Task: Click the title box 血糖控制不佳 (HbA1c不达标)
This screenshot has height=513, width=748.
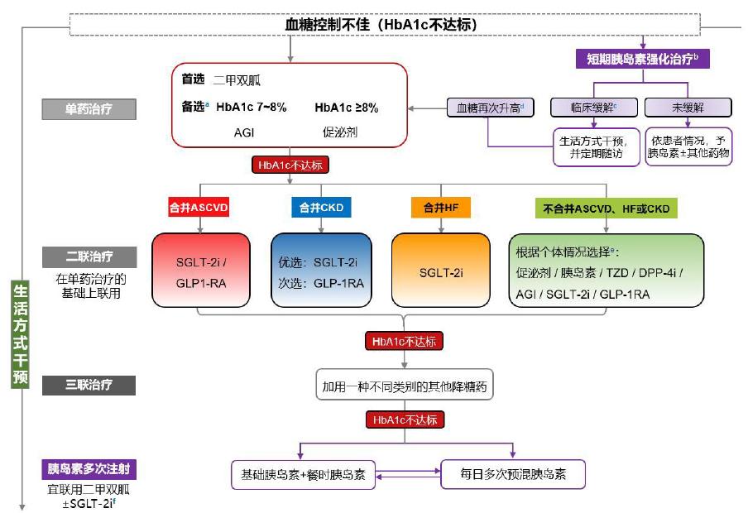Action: [x=380, y=25]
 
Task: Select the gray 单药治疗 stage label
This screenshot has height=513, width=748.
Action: [x=89, y=108]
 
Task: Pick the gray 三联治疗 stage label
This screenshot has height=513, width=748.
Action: [x=89, y=385]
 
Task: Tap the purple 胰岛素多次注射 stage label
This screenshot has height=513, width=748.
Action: [x=89, y=469]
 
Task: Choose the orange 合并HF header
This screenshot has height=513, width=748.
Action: [x=440, y=209]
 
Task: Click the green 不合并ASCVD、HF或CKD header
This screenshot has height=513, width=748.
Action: [x=606, y=209]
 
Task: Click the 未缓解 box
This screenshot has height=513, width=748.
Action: [x=688, y=107]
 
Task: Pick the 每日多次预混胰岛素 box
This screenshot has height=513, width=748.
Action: [x=513, y=474]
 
